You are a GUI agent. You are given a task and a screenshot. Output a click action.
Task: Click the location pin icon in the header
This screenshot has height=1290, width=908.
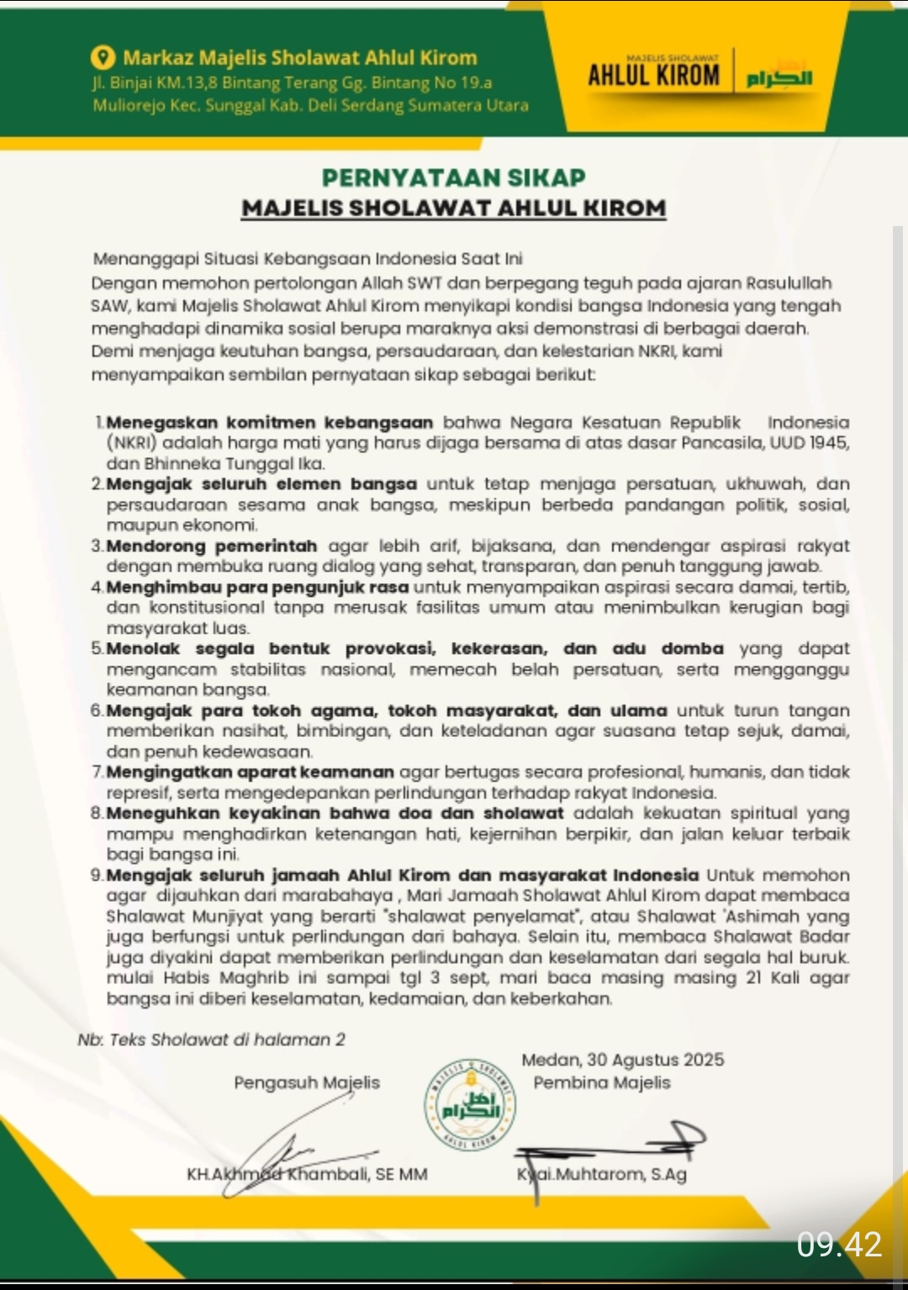click(103, 57)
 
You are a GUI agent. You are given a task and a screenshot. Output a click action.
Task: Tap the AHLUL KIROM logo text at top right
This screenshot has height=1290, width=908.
click(654, 75)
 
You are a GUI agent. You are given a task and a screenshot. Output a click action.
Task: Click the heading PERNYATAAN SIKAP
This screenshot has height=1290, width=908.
click(454, 178)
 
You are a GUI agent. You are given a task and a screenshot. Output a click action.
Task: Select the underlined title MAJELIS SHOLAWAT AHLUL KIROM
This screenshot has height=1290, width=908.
click(454, 208)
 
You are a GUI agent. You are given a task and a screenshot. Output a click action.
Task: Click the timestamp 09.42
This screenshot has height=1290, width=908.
click(839, 1245)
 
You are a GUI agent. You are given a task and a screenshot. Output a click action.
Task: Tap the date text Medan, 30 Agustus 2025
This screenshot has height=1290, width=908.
click(622, 1060)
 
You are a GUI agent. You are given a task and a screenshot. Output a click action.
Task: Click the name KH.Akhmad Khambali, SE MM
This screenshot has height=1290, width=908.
click(307, 1174)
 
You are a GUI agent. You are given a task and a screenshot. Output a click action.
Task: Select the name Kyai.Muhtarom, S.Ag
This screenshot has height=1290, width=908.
click(602, 1174)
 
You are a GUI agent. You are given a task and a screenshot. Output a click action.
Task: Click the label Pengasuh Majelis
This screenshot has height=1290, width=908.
click(307, 1082)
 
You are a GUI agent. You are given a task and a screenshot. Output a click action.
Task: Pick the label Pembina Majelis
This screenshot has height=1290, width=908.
click(602, 1082)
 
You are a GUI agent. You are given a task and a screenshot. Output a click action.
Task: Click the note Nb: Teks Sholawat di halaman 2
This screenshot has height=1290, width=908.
click(211, 1040)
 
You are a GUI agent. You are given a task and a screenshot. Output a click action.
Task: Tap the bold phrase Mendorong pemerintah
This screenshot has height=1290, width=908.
click(212, 545)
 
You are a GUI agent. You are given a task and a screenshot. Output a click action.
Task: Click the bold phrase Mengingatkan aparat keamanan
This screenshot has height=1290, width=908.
click(251, 771)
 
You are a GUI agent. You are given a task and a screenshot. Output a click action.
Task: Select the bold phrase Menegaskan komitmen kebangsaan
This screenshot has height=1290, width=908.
click(270, 422)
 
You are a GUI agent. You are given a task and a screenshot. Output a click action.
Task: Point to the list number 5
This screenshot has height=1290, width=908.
click(97, 649)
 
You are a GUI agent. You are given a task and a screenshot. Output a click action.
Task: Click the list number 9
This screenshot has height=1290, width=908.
click(97, 875)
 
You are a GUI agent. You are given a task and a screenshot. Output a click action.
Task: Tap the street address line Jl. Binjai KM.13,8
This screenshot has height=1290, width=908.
click(292, 82)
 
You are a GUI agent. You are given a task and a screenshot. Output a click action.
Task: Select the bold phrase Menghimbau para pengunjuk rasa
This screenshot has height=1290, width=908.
click(257, 587)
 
